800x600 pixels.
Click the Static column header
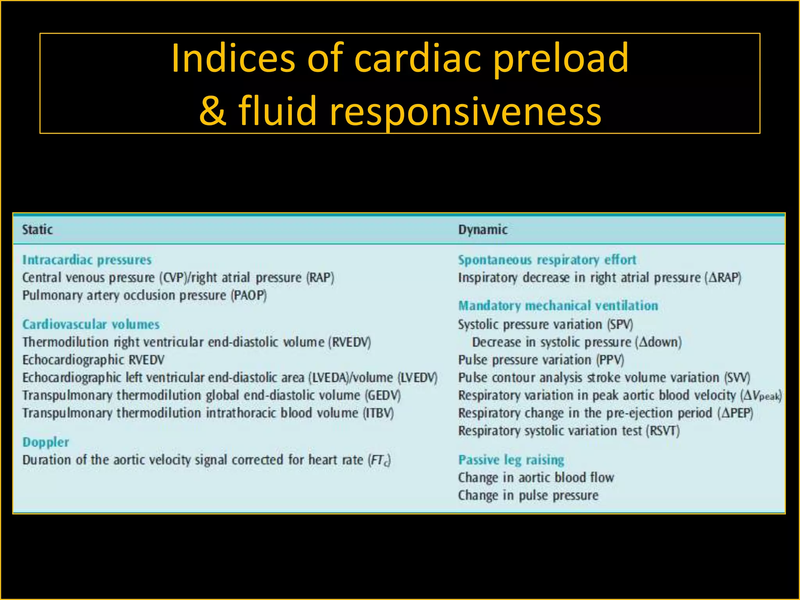pyautogui.click(x=37, y=230)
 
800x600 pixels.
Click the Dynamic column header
pyautogui.click(x=483, y=230)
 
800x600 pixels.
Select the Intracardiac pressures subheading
pyautogui.click(x=87, y=260)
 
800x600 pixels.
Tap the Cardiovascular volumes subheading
pyautogui.click(x=91, y=324)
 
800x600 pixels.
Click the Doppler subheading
pyautogui.click(x=46, y=442)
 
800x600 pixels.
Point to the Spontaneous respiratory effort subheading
pyautogui.click(x=547, y=260)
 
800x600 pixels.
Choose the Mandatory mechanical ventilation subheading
pyautogui.click(x=558, y=305)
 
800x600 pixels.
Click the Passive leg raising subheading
pyautogui.click(x=511, y=460)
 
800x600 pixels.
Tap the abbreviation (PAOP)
pyautogui.click(x=248, y=295)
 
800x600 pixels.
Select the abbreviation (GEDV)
pyautogui.click(x=383, y=395)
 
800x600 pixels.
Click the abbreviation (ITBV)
pyautogui.click(x=379, y=413)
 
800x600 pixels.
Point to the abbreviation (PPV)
pyautogui.click(x=610, y=360)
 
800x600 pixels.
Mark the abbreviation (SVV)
pyautogui.click(x=737, y=378)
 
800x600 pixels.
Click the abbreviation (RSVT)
pyautogui.click(x=663, y=431)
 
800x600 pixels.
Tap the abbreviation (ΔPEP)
pyautogui.click(x=735, y=413)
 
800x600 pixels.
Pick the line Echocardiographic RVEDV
pyautogui.click(x=93, y=360)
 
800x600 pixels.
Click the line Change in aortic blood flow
pyautogui.click(x=536, y=477)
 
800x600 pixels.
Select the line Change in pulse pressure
pyautogui.click(x=528, y=495)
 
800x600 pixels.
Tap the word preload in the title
pyautogui.click(x=560, y=59)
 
